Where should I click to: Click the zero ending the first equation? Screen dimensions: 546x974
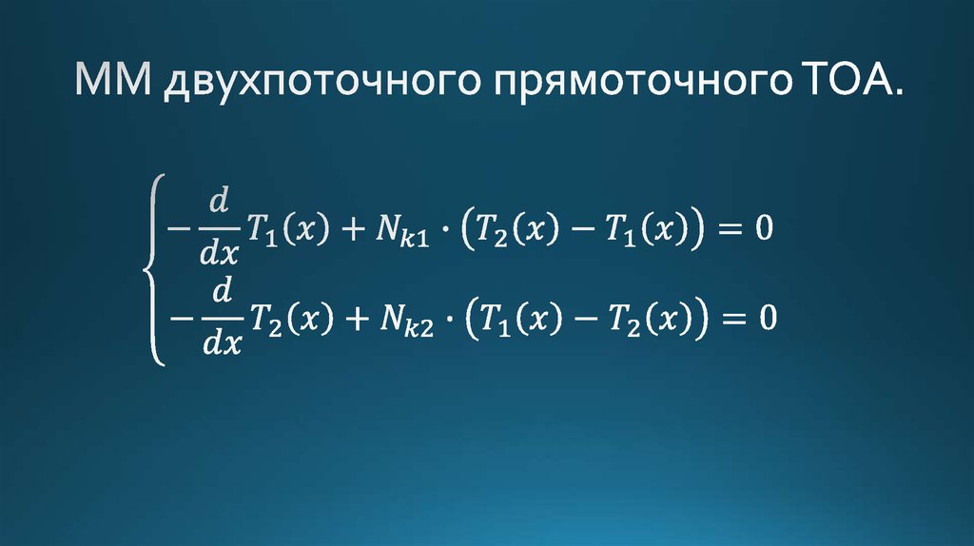[x=765, y=228]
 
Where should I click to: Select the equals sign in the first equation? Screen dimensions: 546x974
[x=728, y=229]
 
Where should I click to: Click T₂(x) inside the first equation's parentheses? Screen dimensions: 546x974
[x=518, y=229]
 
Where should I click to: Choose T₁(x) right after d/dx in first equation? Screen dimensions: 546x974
[x=290, y=229]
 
